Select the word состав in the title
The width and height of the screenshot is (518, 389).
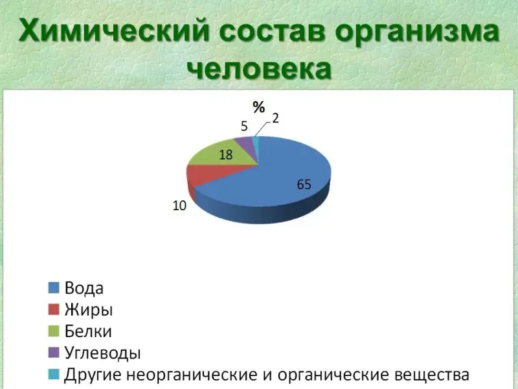pyautogui.click(x=272, y=31)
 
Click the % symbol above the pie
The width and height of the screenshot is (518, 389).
pyautogui.click(x=258, y=107)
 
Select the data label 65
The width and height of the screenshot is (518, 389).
pyautogui.click(x=304, y=184)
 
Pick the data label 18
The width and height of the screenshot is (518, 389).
pyautogui.click(x=225, y=154)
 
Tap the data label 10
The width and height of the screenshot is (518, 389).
pyautogui.click(x=179, y=206)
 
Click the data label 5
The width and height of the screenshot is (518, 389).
pyautogui.click(x=244, y=126)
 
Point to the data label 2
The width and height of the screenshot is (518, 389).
pyautogui.click(x=276, y=118)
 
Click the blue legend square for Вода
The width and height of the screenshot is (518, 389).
pyautogui.click(x=54, y=288)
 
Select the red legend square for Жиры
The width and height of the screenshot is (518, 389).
pyautogui.click(x=54, y=309)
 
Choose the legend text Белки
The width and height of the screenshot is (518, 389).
pyautogui.click(x=88, y=331)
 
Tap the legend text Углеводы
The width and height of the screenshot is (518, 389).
pyautogui.click(x=103, y=353)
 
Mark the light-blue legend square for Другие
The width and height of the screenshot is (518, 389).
pyautogui.click(x=54, y=374)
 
